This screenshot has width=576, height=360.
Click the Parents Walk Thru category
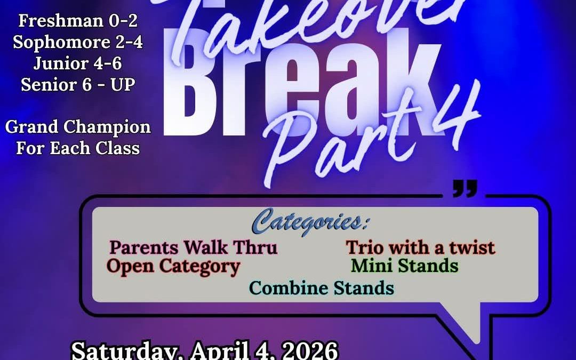pos(193,247)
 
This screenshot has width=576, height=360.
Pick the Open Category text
pos(173,266)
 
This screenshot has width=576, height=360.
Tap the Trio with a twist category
pos(420,247)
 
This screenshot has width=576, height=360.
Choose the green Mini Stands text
pos(405,266)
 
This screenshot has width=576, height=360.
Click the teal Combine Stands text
pos(322,288)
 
